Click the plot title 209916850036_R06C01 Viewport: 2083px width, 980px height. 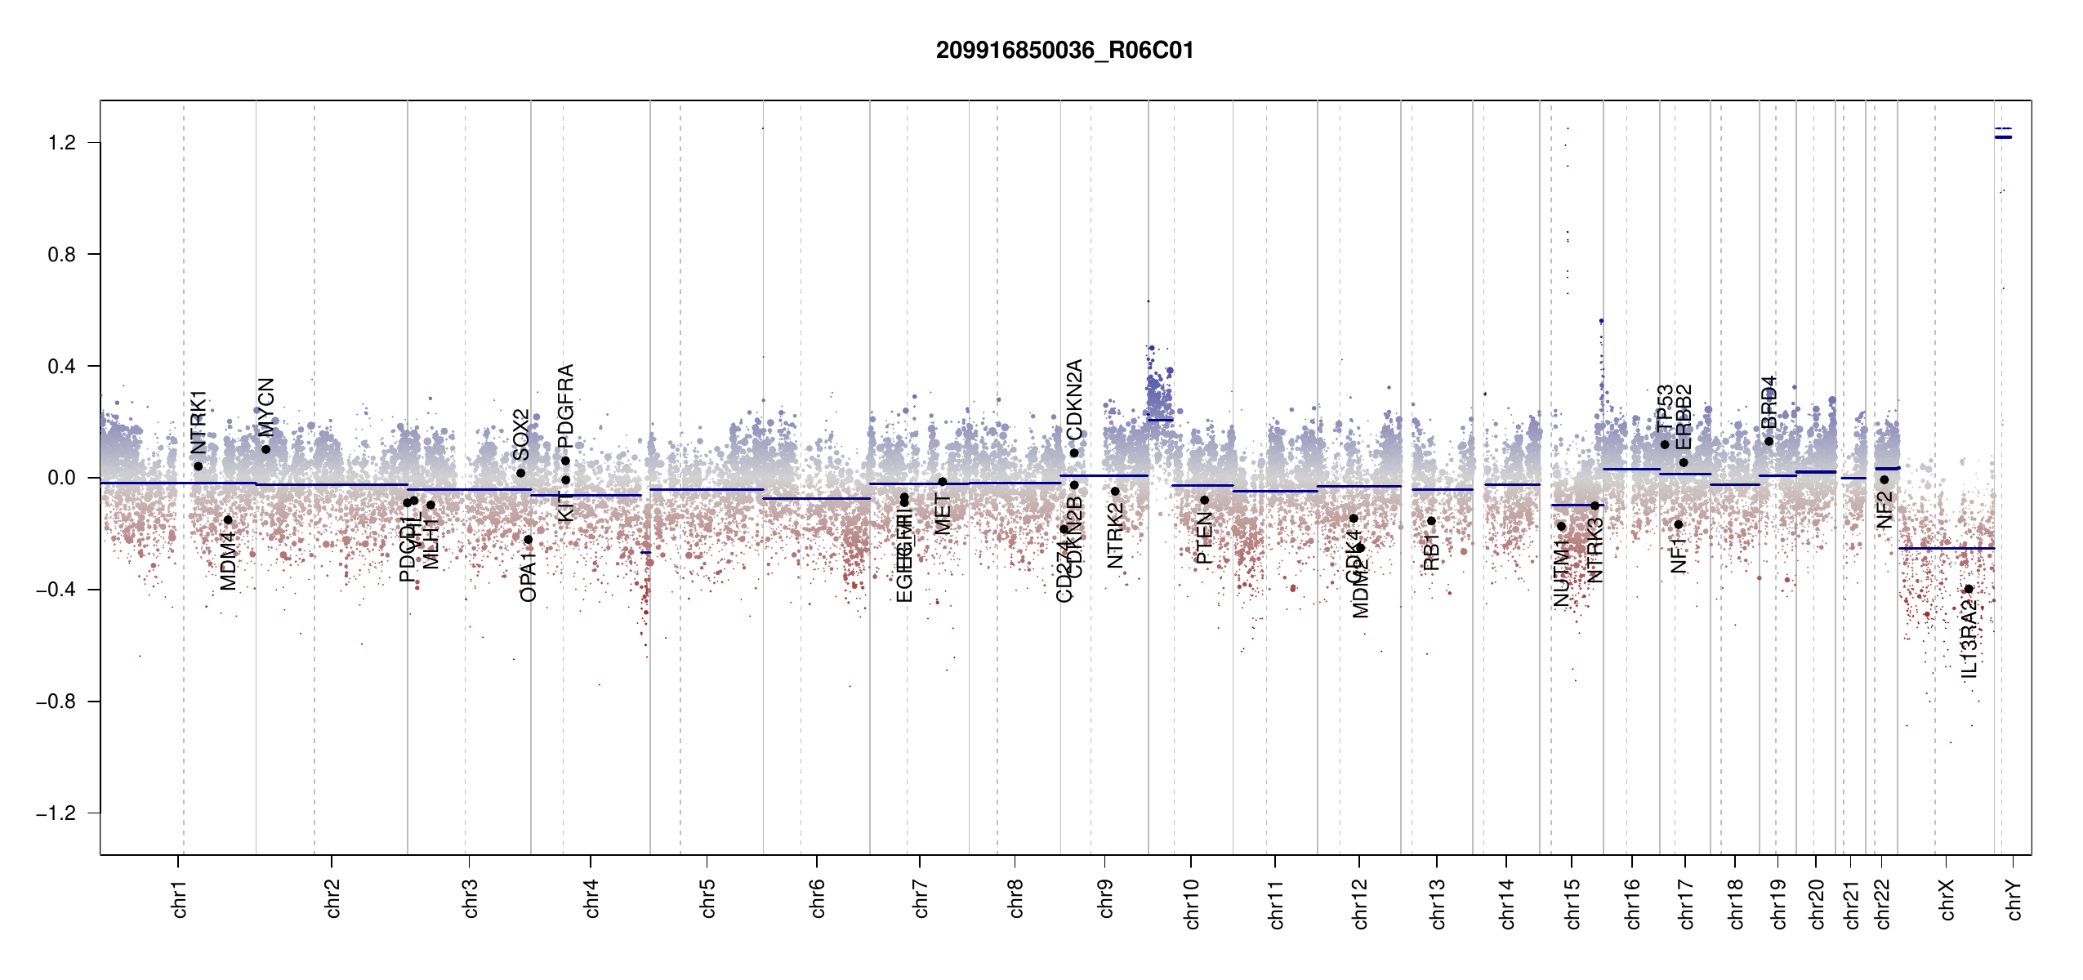(x=1064, y=51)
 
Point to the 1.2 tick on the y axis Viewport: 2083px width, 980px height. (x=62, y=143)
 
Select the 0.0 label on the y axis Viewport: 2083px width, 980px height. (x=62, y=478)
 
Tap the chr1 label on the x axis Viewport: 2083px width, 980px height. (x=179, y=898)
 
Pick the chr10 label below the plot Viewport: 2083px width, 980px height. (x=1191, y=903)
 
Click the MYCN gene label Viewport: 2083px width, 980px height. (x=266, y=408)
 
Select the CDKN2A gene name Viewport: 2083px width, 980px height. (x=1074, y=399)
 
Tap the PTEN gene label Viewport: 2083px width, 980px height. (x=1204, y=538)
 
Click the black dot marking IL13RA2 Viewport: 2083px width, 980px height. (x=1969, y=589)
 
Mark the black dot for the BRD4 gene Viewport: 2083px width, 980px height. (x=1769, y=442)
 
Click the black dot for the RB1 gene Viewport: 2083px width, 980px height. (x=1431, y=521)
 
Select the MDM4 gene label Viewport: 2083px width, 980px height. (x=228, y=561)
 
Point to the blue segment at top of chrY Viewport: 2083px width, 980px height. (x=2003, y=137)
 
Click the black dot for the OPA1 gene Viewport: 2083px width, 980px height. (x=529, y=540)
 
